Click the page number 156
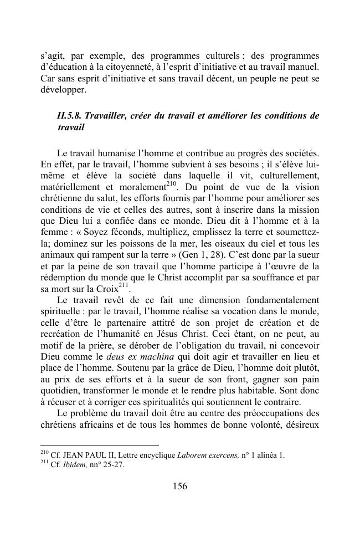point(180,487)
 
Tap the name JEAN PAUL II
point(84,455)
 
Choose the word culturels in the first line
point(218,56)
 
